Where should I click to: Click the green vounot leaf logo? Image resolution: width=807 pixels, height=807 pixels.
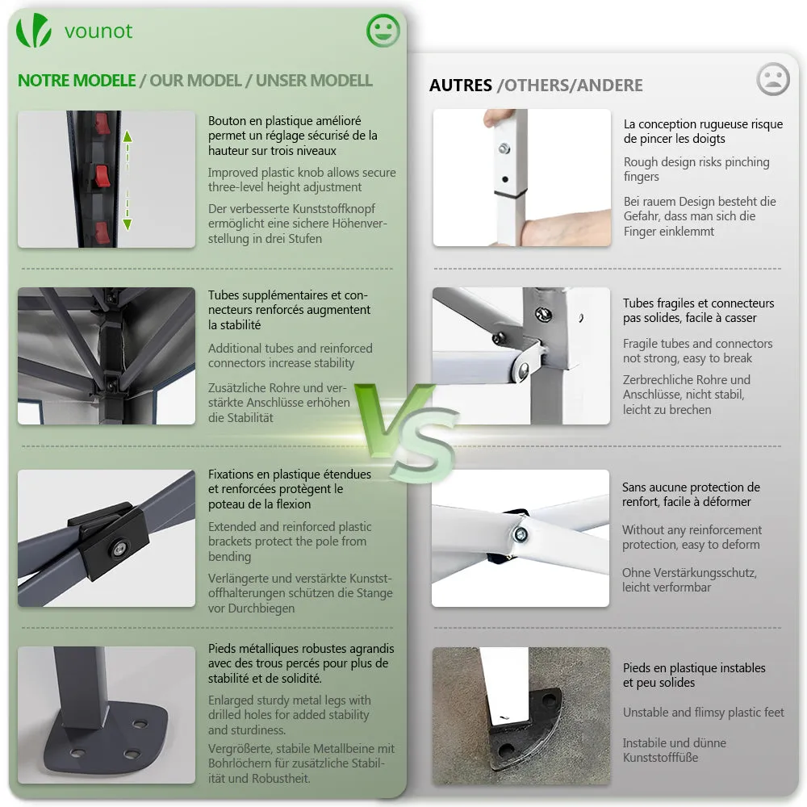coord(33,31)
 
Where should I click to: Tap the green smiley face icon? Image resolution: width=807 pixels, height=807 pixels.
coord(383,31)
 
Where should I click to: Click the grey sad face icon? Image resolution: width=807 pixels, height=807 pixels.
coord(772,79)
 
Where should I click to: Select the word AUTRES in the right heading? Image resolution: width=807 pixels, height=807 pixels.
coord(461,85)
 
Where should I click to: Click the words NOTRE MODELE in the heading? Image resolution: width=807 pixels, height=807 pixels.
coord(77,80)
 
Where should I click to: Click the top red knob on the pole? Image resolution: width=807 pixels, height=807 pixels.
coord(102,123)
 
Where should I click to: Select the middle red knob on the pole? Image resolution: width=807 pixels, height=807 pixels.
coord(102,176)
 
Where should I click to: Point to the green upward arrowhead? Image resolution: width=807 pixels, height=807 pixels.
coord(128,136)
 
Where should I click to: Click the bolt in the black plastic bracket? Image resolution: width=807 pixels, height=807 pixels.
coord(119,549)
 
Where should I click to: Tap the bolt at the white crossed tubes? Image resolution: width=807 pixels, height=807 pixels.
coord(520,535)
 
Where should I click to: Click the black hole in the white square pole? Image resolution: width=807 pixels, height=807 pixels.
coord(505,180)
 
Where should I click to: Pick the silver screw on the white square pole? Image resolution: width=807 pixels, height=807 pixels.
coord(504,148)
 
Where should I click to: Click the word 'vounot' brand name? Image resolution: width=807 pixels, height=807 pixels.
coord(98,31)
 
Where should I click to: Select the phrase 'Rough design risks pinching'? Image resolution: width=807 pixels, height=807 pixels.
coord(696,162)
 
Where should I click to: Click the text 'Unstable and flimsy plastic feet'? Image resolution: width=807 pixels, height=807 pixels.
coord(704,713)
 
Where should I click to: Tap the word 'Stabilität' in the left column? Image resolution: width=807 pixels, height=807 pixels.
coord(240,417)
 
